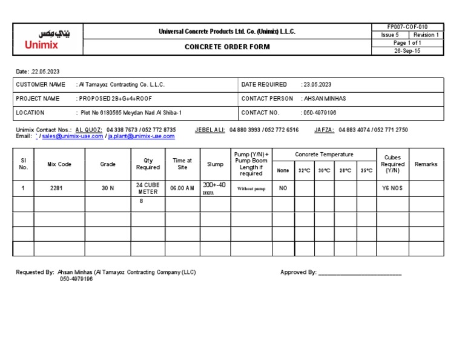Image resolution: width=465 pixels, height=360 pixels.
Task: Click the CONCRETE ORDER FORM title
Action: (x=227, y=47)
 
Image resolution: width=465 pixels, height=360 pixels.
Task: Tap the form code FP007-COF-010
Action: (x=407, y=27)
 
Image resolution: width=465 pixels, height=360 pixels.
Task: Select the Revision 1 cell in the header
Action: (x=427, y=35)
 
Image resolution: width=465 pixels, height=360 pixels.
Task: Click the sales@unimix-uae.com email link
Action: (x=72, y=136)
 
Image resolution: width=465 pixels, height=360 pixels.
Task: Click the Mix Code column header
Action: (x=60, y=164)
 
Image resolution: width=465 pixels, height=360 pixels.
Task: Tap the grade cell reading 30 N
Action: (x=108, y=188)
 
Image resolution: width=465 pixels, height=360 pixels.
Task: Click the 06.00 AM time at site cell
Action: (x=182, y=188)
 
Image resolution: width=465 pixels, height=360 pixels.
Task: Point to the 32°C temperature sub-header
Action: (x=304, y=171)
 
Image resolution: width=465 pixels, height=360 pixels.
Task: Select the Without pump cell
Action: (x=251, y=189)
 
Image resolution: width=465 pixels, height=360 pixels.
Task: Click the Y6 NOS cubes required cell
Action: (x=392, y=188)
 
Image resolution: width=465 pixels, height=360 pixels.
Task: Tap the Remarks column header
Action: (x=426, y=164)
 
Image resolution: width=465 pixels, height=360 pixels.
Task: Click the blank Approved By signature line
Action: (x=360, y=273)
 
